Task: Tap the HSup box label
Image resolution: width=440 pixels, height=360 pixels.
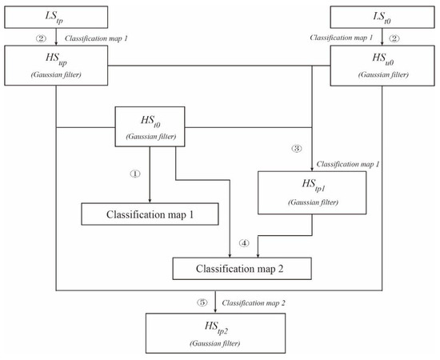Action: coord(55,61)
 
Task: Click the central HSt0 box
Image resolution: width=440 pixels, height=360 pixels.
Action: coord(150,126)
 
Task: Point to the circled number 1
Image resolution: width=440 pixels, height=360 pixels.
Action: coord(136,171)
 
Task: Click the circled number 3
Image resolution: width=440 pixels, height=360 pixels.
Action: coord(297,150)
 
